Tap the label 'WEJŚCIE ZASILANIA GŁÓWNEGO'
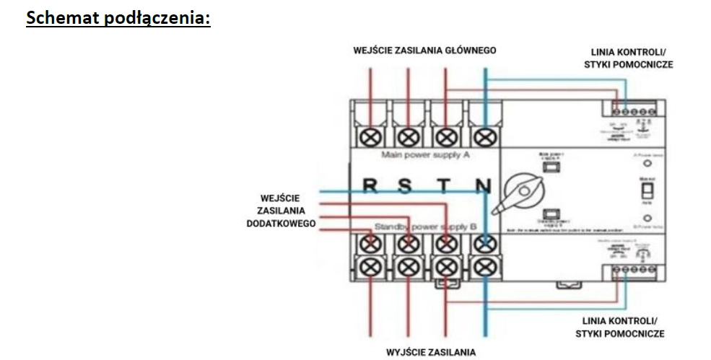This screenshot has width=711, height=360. pos(424,51)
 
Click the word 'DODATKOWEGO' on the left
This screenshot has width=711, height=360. pos(280,224)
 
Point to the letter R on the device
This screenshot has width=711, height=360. pos(370,186)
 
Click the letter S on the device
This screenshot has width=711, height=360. pos(406,186)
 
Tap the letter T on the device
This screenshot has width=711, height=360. pos(446,186)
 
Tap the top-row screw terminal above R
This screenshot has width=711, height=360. pos(370,135)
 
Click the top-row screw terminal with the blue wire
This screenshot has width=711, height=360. pos(484,135)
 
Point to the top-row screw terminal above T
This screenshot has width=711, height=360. pos(446,135)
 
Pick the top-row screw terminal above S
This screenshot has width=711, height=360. pos(408,135)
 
